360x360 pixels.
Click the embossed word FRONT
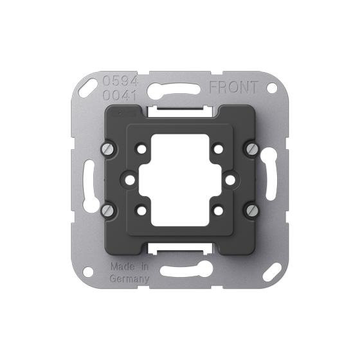[x=234, y=87]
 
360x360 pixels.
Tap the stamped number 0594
[x=120, y=81]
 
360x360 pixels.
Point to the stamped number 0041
[x=120, y=95]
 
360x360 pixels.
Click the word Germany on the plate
[x=130, y=279]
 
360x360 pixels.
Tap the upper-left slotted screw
[x=109, y=149]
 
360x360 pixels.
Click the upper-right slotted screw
[x=251, y=149]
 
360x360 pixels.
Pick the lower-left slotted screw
[x=109, y=209]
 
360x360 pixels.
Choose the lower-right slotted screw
[x=251, y=209]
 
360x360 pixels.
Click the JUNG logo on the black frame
[x=123, y=113]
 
